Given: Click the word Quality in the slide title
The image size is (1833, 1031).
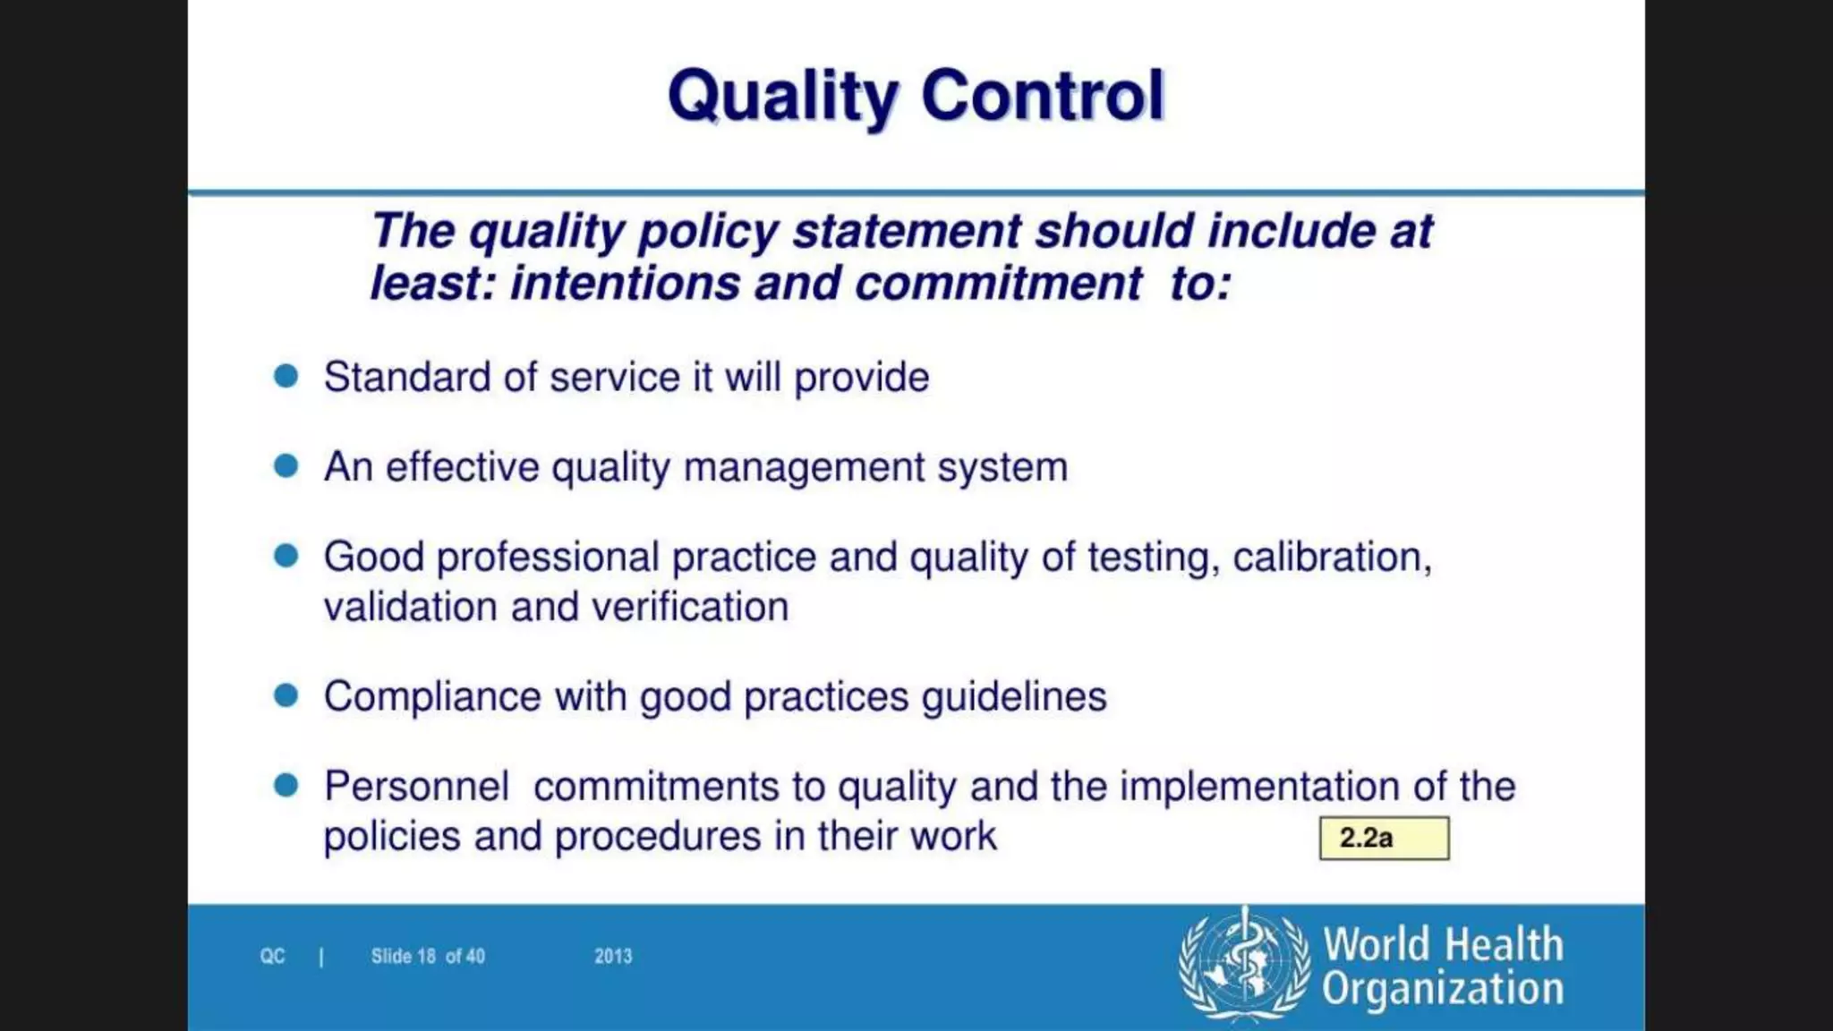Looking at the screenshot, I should (x=782, y=96).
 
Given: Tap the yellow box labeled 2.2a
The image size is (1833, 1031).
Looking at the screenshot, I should (x=1384, y=839).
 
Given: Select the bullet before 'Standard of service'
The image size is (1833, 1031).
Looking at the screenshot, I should (x=286, y=376).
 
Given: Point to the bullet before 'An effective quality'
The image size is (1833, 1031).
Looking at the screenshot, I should (x=286, y=465).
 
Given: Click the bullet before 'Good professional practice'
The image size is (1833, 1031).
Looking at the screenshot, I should (x=286, y=556).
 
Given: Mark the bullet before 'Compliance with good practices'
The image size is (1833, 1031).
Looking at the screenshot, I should (x=286, y=695).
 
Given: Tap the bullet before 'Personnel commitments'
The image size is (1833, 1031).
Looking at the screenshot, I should (x=286, y=785).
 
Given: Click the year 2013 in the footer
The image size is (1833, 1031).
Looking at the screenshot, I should (x=613, y=957).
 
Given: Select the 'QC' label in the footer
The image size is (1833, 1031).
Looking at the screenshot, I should (x=272, y=957).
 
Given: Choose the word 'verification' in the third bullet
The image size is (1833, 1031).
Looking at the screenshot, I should (x=690, y=608).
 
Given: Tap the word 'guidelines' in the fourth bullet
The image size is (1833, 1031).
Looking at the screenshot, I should (x=1014, y=697).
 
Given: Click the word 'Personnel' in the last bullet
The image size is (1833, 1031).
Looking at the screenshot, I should (x=416, y=787).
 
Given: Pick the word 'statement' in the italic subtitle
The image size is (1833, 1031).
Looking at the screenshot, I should (x=907, y=232).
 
